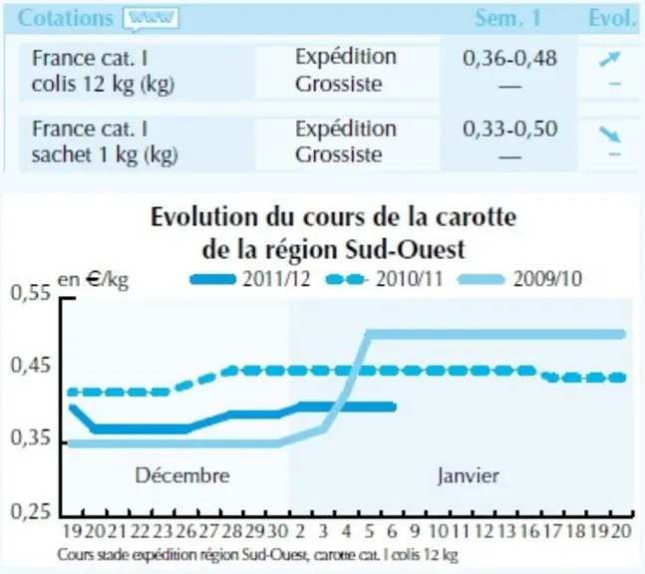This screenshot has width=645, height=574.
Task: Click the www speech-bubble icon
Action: click(x=151, y=19)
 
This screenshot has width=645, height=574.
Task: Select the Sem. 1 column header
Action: click(x=508, y=18)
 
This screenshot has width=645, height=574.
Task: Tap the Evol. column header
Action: click(x=612, y=18)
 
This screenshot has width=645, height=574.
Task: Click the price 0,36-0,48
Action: click(x=510, y=58)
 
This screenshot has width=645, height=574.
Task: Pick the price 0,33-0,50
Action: click(x=510, y=129)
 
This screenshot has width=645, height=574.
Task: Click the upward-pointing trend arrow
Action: click(x=610, y=59)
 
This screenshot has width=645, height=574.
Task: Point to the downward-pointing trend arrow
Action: click(x=610, y=135)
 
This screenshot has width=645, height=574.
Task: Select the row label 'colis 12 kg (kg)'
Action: click(x=104, y=85)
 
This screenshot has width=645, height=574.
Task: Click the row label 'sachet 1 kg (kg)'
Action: click(x=105, y=155)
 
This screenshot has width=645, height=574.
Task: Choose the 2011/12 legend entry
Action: click(x=249, y=279)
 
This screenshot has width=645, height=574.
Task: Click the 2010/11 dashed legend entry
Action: click(x=385, y=279)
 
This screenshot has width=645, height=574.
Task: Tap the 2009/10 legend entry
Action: click(x=520, y=279)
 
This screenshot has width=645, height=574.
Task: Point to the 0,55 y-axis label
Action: click(x=31, y=293)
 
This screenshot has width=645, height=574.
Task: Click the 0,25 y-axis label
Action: click(x=31, y=512)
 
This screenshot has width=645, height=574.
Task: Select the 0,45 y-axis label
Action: click(x=31, y=366)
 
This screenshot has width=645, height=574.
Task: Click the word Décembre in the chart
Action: click(x=182, y=475)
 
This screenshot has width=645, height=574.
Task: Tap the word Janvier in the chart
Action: click(x=469, y=476)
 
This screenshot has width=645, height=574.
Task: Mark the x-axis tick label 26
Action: click(x=186, y=531)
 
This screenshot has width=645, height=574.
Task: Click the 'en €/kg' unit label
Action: click(x=93, y=280)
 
